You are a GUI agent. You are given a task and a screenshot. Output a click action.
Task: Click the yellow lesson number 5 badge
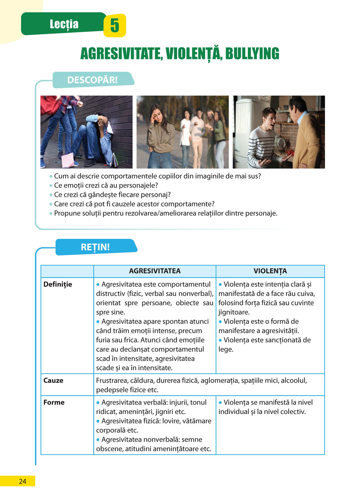pyautogui.click(x=114, y=26)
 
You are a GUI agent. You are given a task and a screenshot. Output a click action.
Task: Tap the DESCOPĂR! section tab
pyautogui.click(x=93, y=80)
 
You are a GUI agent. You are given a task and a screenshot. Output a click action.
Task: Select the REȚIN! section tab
pyautogui.click(x=95, y=247)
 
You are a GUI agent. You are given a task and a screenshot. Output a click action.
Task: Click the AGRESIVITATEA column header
pyautogui.click(x=155, y=271)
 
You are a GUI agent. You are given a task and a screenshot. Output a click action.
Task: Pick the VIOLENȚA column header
pyautogui.click(x=270, y=271)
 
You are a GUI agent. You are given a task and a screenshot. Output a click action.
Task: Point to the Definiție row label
pyautogui.click(x=58, y=285)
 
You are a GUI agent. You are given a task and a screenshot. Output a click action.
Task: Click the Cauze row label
pyautogui.click(x=53, y=381)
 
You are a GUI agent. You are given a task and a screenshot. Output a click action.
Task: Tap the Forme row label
pyautogui.click(x=54, y=403)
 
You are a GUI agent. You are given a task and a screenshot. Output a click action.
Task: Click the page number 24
pyautogui.click(x=22, y=481)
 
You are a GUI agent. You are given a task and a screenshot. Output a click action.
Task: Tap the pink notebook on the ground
pyautogui.click(x=68, y=160)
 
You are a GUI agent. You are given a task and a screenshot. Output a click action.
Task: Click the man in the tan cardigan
pyautogui.click(x=306, y=133)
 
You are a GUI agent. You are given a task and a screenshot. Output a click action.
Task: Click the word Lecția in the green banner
pyautogui.click(x=64, y=24)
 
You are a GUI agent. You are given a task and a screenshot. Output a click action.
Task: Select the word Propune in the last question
pyautogui.click(x=67, y=213)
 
